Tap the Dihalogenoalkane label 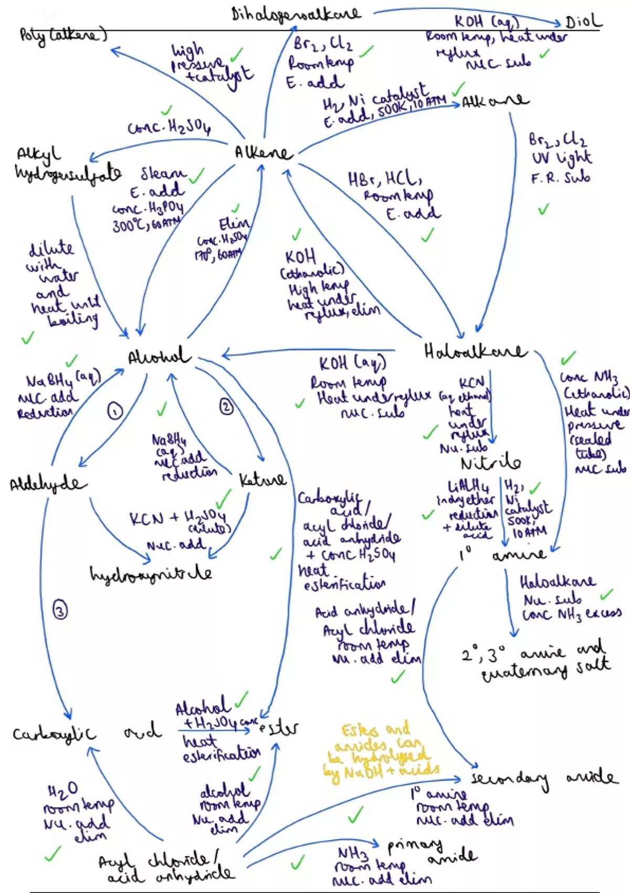296,14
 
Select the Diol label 583,22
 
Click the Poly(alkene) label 63,35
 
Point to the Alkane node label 495,100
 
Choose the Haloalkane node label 475,351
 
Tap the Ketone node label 262,480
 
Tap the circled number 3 60,610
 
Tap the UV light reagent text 561,158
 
